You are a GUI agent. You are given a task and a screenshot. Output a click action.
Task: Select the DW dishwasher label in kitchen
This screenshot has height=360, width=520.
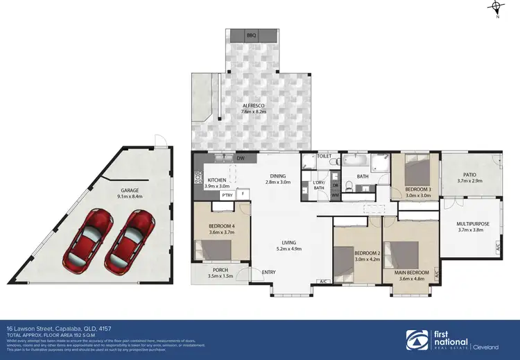[241, 159]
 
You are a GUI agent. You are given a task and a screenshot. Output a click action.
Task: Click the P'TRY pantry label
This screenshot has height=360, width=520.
[227, 195]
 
